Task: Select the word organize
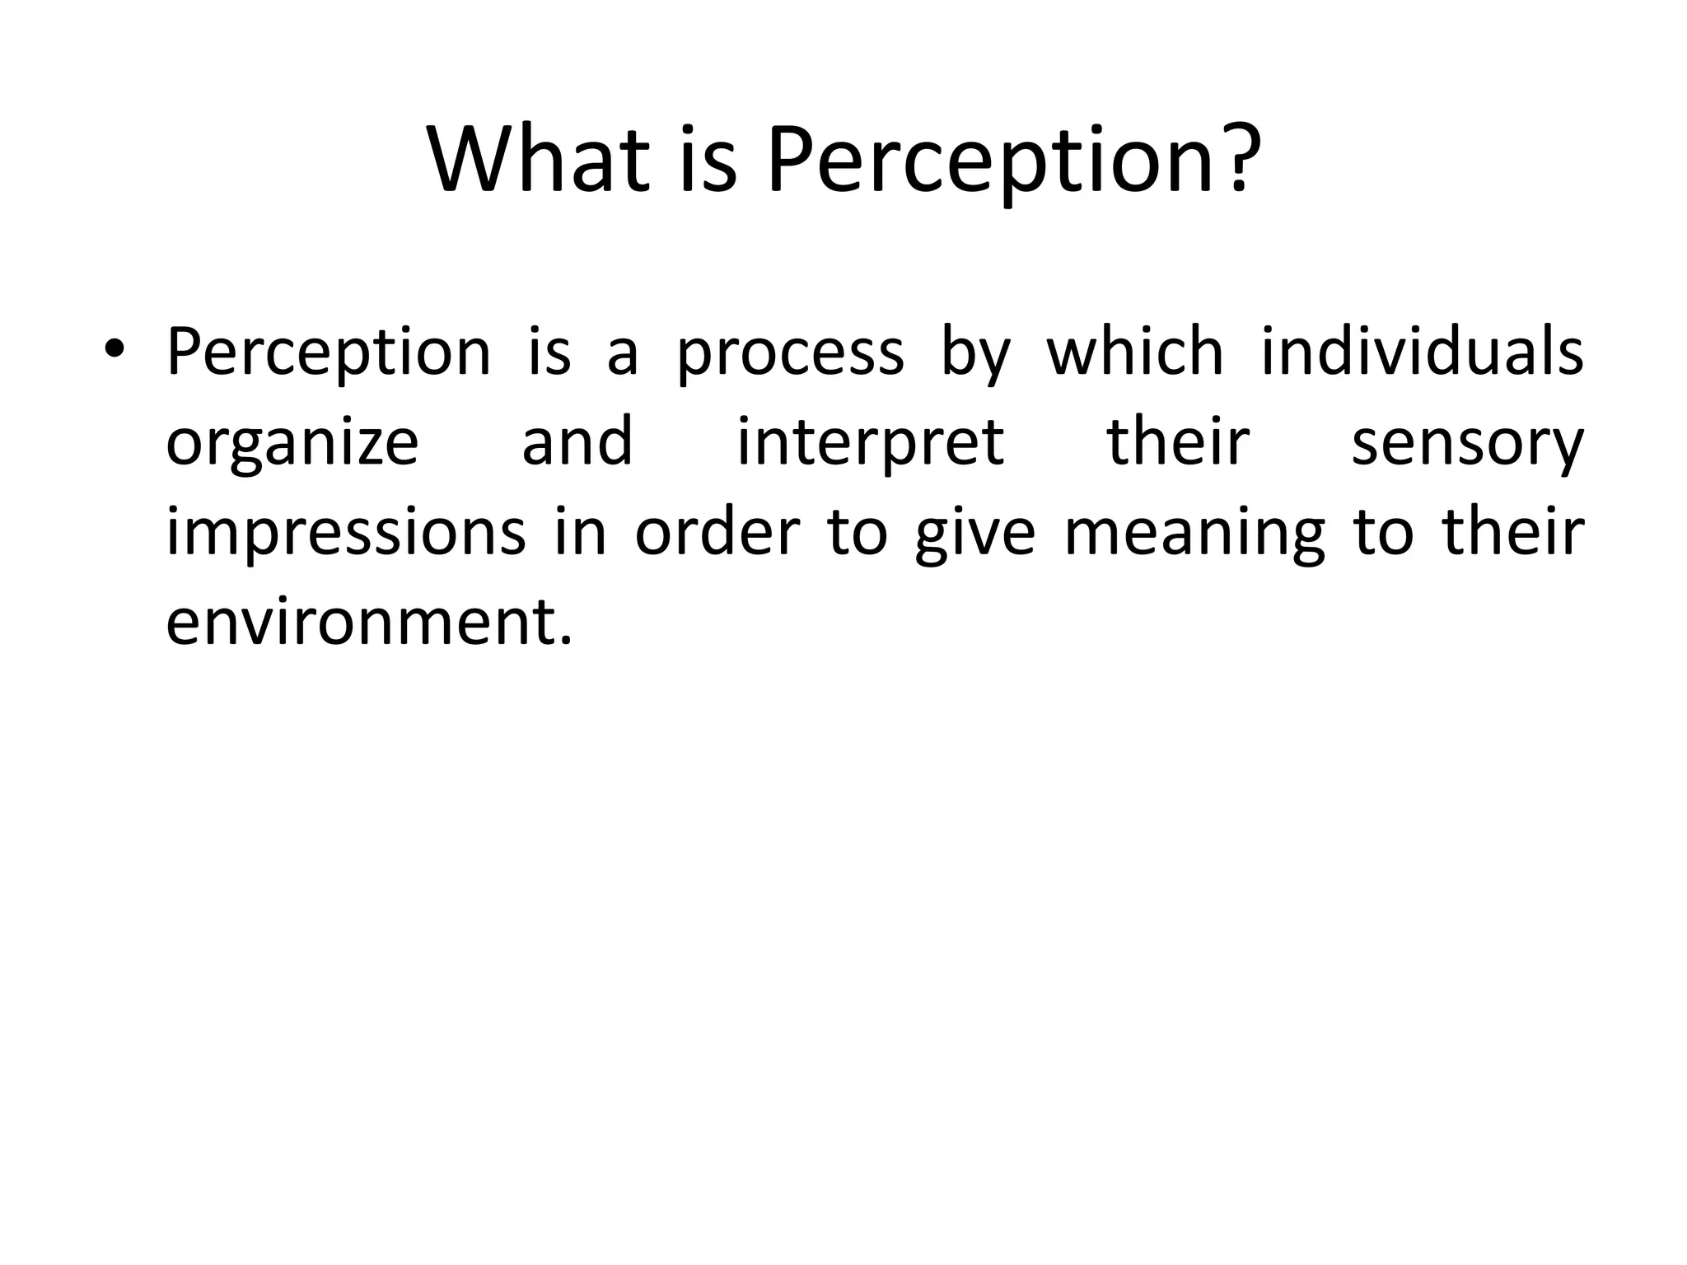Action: tap(292, 446)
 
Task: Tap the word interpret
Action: tap(870, 446)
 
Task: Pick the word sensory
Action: tap(1467, 446)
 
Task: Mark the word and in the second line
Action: tap(577, 441)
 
